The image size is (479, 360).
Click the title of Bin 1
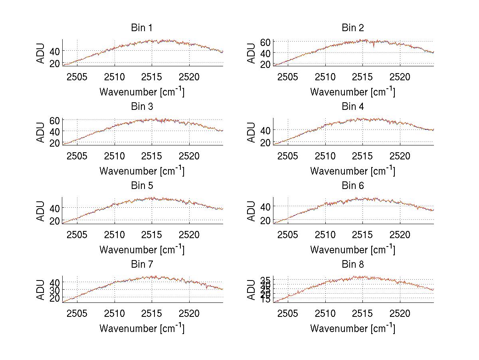142,28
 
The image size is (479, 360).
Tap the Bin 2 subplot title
353,28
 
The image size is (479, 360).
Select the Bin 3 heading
142,107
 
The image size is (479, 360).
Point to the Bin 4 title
353,107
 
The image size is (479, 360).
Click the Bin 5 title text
142,186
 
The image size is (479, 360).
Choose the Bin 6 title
353,186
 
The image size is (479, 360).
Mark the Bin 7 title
142,265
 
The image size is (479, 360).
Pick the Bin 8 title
353,265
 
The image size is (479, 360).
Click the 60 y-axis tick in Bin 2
266,42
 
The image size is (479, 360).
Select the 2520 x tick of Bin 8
400,313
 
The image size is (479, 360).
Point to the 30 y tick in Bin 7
55,290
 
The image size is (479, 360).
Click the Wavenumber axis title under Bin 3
142,171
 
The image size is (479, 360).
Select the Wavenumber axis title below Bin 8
353,328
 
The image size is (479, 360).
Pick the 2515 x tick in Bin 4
362,155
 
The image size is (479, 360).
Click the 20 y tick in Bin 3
55,143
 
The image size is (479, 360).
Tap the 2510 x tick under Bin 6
325,235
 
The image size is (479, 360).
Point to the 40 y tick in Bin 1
55,51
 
